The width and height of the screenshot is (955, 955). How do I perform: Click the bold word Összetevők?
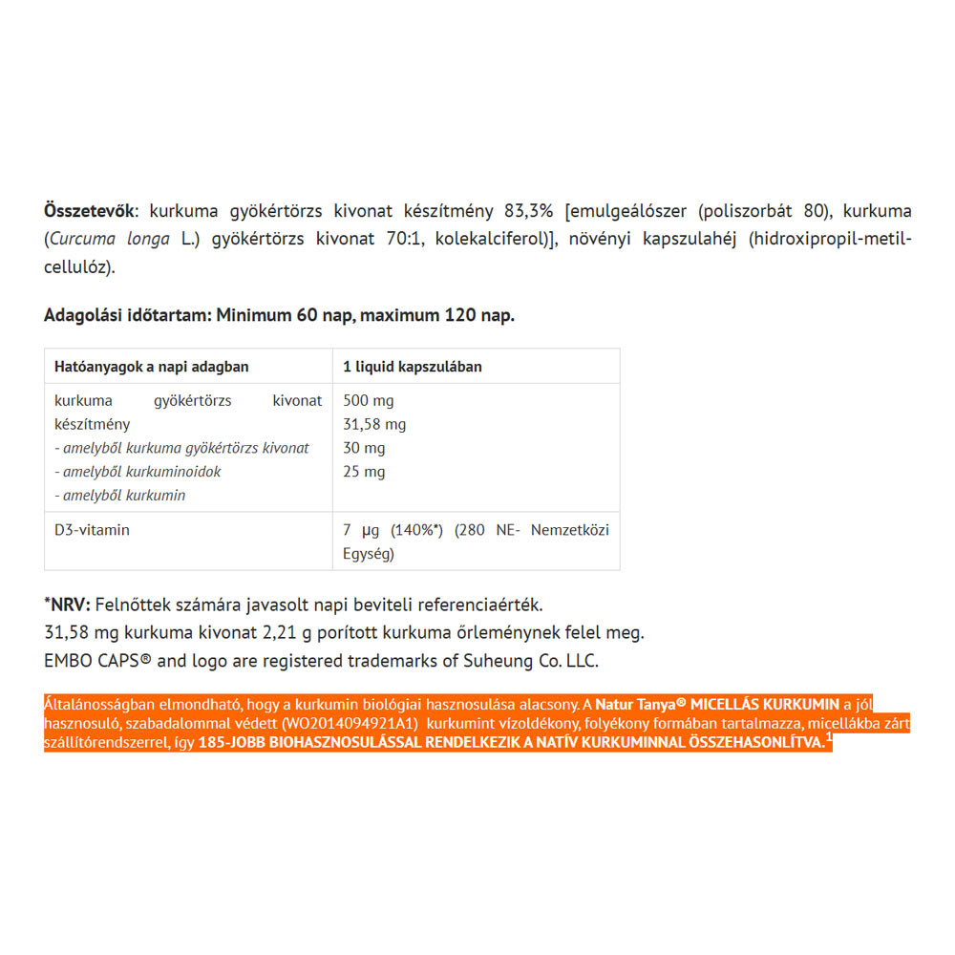click(90, 210)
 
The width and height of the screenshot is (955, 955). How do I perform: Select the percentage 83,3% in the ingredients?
click(530, 210)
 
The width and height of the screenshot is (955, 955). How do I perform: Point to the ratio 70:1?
click(399, 238)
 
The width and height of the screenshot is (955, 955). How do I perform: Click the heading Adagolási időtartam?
click(128, 315)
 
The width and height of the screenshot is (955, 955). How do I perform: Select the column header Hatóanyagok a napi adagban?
click(151, 367)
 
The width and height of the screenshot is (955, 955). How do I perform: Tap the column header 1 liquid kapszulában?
click(413, 367)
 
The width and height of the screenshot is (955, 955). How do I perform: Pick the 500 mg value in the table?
click(368, 400)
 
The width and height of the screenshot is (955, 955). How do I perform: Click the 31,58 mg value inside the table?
click(374, 424)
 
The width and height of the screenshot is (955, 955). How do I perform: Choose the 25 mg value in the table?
click(364, 472)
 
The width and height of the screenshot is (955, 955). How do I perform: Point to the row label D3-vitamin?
click(92, 530)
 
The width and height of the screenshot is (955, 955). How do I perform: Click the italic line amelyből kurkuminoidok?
click(138, 472)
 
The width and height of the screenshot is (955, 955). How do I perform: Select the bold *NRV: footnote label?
click(67, 605)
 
